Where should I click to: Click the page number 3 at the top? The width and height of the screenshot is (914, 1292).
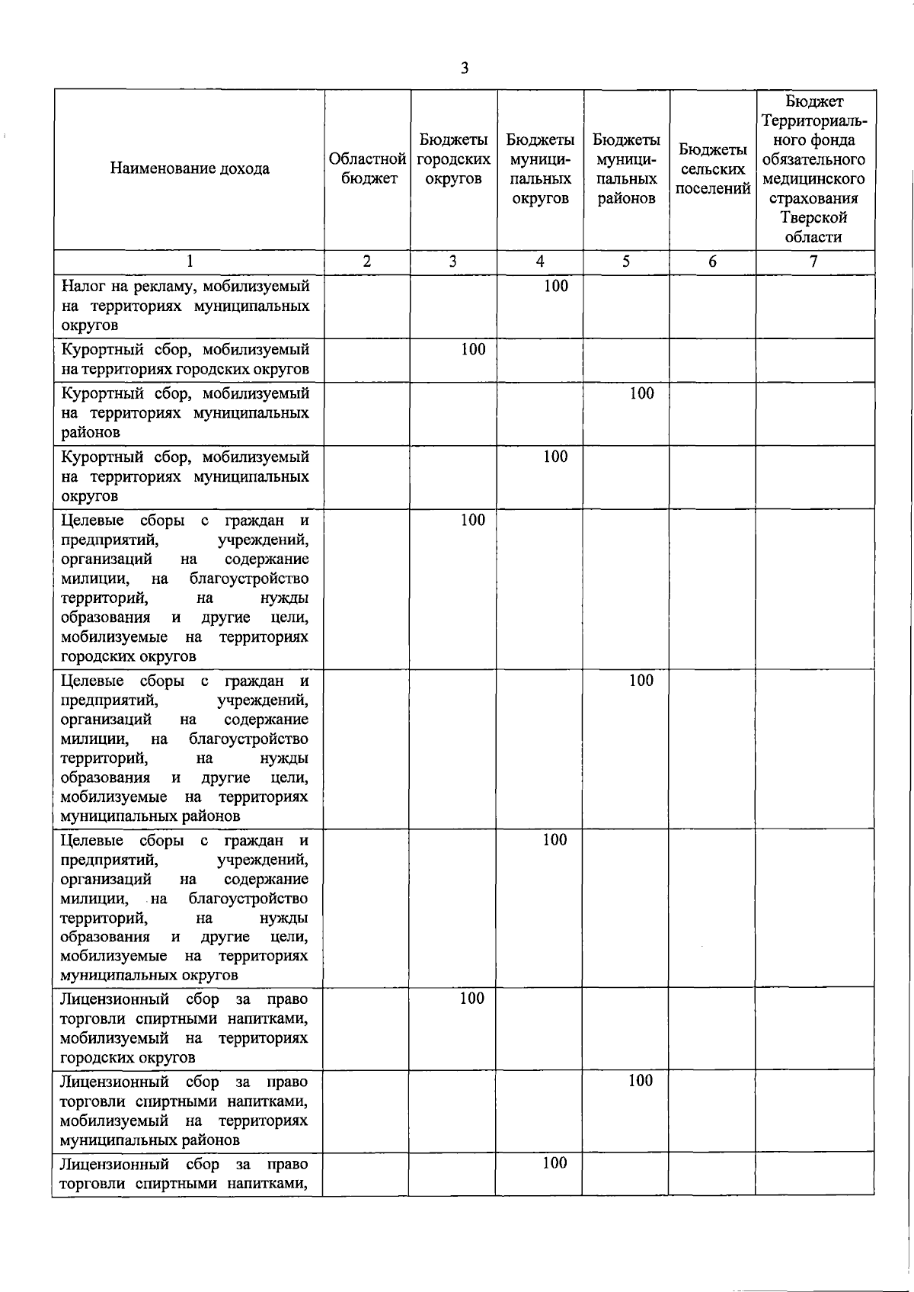pyautogui.click(x=465, y=69)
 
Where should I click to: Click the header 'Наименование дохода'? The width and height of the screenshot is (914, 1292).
pyautogui.click(x=190, y=168)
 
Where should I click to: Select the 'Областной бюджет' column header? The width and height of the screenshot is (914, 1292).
pyautogui.click(x=367, y=168)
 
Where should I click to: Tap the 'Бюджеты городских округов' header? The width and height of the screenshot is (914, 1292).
pyautogui.click(x=453, y=159)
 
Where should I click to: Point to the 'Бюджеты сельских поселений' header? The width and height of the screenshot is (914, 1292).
pyautogui.click(x=712, y=168)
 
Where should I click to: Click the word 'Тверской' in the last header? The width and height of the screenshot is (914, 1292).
pyautogui.click(x=813, y=217)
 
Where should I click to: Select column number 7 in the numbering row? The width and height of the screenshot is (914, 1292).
pyautogui.click(x=813, y=261)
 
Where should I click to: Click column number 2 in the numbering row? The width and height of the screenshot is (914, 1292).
pyautogui.click(x=366, y=261)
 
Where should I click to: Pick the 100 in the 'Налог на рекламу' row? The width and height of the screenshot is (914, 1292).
pyautogui.click(x=556, y=286)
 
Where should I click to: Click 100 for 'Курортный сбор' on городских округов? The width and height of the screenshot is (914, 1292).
pyautogui.click(x=473, y=349)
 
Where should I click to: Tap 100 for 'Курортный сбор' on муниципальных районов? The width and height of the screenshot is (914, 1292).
pyautogui.click(x=641, y=393)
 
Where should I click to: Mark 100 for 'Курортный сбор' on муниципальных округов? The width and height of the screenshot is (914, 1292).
pyautogui.click(x=555, y=457)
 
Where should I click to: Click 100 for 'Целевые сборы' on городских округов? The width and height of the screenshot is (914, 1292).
pyautogui.click(x=472, y=520)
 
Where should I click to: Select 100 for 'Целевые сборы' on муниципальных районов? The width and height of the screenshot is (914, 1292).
pyautogui.click(x=641, y=680)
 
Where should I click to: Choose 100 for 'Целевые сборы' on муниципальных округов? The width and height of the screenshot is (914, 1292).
pyautogui.click(x=554, y=840)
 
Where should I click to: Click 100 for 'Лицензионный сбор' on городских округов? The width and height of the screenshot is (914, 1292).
pyautogui.click(x=471, y=999)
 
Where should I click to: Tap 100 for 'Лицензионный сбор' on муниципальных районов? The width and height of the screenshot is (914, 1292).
pyautogui.click(x=640, y=1081)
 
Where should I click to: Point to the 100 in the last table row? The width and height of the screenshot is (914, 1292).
pyautogui.click(x=554, y=1163)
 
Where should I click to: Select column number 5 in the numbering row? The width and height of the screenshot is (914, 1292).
pyautogui.click(x=625, y=261)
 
